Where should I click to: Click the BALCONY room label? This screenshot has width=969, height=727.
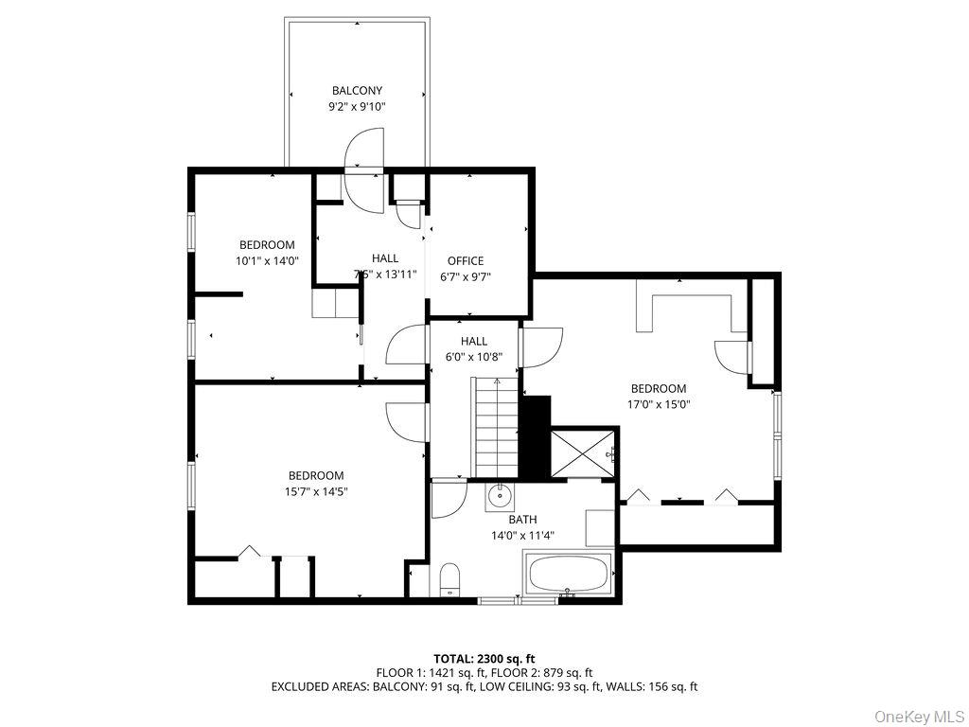click(x=357, y=91)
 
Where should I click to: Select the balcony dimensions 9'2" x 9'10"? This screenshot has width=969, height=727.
click(x=357, y=107)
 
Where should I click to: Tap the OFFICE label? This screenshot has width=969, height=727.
click(x=466, y=261)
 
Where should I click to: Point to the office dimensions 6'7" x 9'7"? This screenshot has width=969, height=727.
click(x=466, y=277)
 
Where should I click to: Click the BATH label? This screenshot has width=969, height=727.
click(x=522, y=520)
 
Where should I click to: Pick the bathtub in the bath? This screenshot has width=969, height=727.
click(x=569, y=574)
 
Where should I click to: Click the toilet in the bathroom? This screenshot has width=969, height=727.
click(x=449, y=579)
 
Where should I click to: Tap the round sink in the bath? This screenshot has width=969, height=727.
click(x=500, y=495)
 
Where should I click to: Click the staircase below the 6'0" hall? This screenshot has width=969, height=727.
click(x=496, y=428)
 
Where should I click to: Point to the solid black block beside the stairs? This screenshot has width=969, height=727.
click(x=537, y=436)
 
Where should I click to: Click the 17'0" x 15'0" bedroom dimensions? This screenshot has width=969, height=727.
click(x=659, y=404)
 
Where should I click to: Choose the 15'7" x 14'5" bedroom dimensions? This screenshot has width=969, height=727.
click(x=316, y=491)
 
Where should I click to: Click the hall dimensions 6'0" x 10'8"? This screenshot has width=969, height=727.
click(x=474, y=358)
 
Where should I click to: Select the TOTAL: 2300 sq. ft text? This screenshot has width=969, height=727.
click(x=484, y=658)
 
